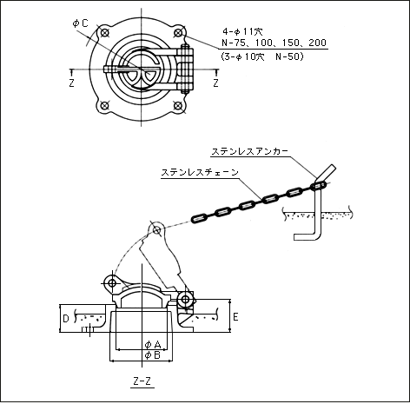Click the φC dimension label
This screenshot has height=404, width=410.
coord(81,23)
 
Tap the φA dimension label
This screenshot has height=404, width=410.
coord(153,345)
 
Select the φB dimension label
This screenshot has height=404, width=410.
coord(153,355)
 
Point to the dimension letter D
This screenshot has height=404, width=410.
coord(66,319)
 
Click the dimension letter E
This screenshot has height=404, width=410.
coord(235,317)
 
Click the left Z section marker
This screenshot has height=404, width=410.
coord(71,83)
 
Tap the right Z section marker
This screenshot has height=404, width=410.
coord(215,83)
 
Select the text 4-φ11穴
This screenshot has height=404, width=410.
coord(242,31)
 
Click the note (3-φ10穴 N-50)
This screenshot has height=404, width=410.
coord(262,56)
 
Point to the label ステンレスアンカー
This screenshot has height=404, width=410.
coord(249,151)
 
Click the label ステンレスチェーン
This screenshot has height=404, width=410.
coord(200,172)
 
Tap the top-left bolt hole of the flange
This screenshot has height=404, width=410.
coord(104,32)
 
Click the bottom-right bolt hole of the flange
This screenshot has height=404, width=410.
coord(178,105)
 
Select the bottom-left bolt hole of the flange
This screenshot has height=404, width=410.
coord(104,105)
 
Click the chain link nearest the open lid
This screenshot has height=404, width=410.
coord(200,218)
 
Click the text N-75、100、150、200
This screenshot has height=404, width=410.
coord(274,43)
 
